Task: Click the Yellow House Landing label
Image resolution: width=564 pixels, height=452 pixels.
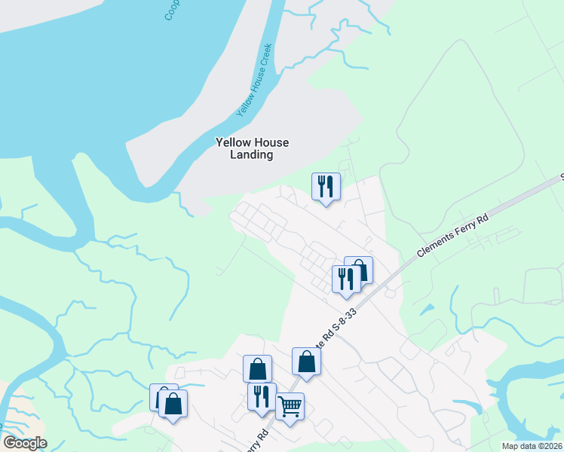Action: tap(252, 148)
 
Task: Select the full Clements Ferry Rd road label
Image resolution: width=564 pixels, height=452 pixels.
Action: tap(452, 236)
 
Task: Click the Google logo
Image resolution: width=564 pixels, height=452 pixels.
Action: tap(25, 442)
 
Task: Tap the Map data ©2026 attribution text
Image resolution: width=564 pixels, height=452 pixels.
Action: tap(532, 446)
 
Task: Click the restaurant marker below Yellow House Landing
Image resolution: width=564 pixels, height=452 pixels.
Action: tap(326, 186)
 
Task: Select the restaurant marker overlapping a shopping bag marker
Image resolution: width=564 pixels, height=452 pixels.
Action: tap(346, 279)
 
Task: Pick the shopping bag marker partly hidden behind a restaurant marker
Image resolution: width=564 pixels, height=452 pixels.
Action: tap(360, 268)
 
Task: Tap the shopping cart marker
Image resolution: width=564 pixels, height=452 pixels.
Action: tap(290, 406)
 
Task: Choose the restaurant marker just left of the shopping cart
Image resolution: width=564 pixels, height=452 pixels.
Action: tap(262, 396)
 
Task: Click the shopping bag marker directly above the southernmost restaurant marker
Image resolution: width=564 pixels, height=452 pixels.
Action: tap(257, 368)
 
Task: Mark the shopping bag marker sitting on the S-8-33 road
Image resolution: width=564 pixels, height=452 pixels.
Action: tap(306, 361)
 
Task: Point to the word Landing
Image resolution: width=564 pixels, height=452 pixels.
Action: tap(252, 154)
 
